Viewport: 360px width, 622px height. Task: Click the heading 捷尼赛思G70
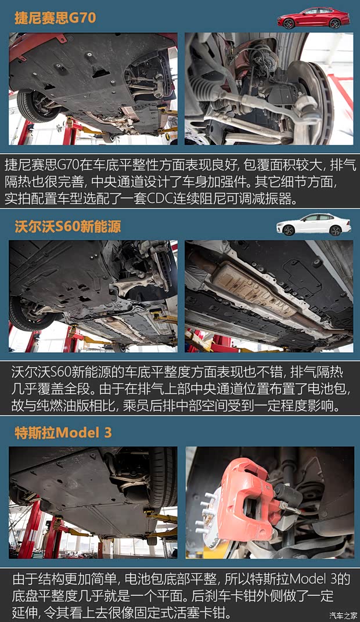coord(55,18)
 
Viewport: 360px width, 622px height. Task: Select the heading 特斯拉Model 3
coord(63,433)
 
